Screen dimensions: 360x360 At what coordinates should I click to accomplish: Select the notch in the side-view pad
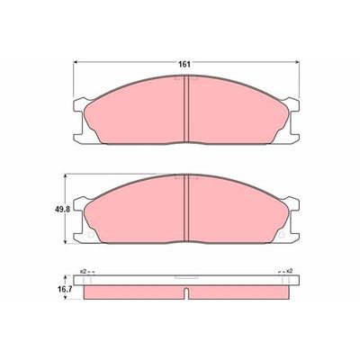point(184,293)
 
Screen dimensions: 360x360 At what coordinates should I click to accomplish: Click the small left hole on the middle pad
point(94,237)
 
